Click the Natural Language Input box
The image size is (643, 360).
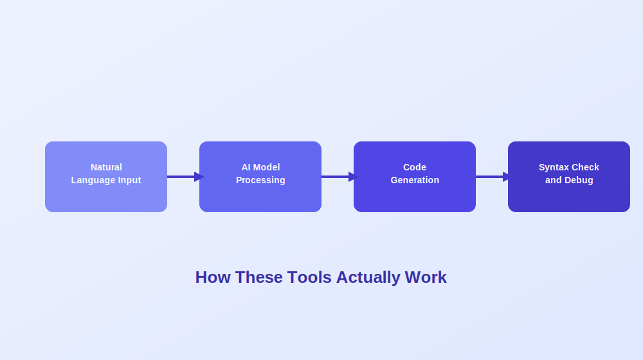106,177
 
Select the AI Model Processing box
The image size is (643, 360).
260,177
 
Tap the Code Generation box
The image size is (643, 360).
415,177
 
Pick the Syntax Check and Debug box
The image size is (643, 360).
569,177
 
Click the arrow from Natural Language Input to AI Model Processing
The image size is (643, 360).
186,177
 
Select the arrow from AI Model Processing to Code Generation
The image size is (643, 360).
340,177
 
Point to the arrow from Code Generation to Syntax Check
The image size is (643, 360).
494,177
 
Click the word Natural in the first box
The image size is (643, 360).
106,167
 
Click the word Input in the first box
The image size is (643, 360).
130,181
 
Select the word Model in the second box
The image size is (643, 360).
267,167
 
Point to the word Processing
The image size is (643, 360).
260,181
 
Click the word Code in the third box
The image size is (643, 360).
415,167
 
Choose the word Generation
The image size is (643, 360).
415,180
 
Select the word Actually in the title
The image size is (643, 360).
368,278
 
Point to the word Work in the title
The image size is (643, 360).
426,277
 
